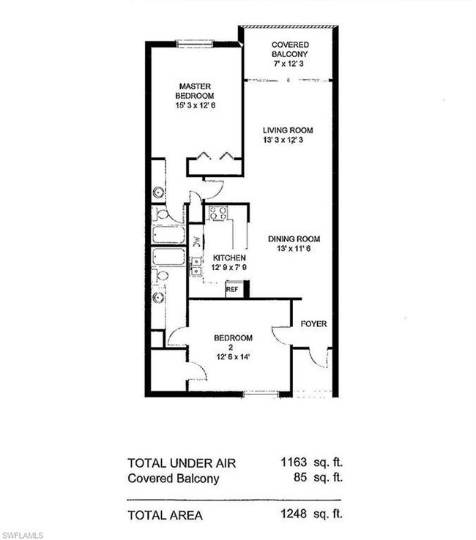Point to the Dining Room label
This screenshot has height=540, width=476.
294,239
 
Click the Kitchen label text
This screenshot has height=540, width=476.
229,259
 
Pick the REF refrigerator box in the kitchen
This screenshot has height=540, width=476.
232,290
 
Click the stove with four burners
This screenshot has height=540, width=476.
218,214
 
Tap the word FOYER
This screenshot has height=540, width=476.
314,323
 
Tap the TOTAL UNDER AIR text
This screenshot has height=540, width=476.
182,463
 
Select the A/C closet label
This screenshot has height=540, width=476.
196,241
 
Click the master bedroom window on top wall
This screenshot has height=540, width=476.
195,42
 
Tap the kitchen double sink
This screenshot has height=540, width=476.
196,267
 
